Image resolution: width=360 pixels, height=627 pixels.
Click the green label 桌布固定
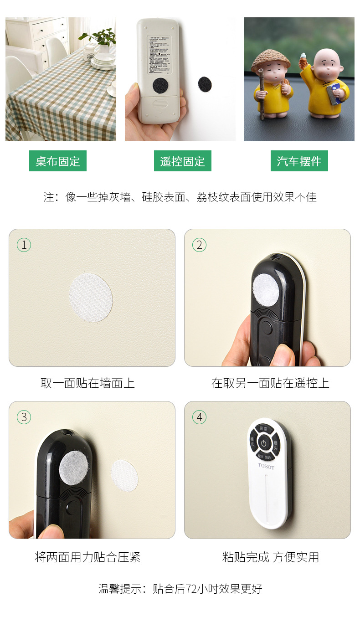[x=58, y=161]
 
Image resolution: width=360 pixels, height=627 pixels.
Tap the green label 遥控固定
[x=182, y=161]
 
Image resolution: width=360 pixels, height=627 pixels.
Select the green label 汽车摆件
[x=299, y=161]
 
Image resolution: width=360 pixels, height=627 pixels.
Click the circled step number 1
[x=24, y=245]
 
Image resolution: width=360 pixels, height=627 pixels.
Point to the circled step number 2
[x=199, y=245]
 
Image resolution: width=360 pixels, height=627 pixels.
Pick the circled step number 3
[x=24, y=417]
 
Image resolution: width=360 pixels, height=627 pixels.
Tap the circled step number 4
[x=199, y=417]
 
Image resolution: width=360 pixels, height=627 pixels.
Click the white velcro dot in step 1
[x=91, y=298]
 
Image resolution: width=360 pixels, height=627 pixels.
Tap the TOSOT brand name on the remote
[x=266, y=466]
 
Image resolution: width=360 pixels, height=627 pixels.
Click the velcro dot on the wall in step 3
[x=124, y=475]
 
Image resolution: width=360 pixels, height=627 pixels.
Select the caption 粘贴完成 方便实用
[x=270, y=557]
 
